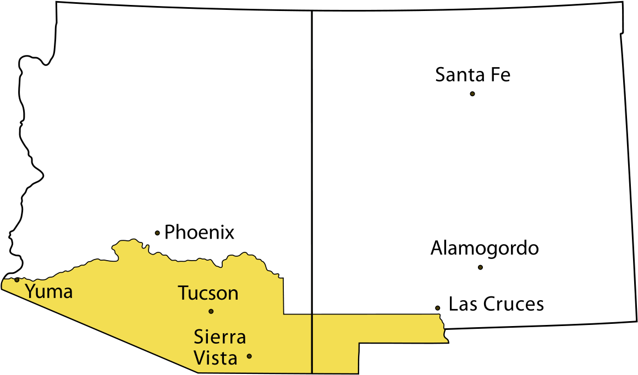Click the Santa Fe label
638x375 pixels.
tap(472, 75)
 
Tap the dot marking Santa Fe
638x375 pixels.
tap(472, 94)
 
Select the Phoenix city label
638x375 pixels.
tap(199, 233)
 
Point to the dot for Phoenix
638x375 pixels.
tap(157, 233)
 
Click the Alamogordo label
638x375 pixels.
tap(485, 249)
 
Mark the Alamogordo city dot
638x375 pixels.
tap(480, 267)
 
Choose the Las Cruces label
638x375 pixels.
tap(496, 304)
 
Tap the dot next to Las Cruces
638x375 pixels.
tap(437, 308)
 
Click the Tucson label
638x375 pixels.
tap(208, 293)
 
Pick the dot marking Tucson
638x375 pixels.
tap(211, 311)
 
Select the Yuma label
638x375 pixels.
tap(49, 291)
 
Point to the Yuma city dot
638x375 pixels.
tap(17, 280)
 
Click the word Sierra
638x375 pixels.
tap(219, 337)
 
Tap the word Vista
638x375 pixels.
tap(216, 359)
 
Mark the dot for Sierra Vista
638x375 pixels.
tap(249, 356)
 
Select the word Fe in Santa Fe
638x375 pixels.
tap(501, 75)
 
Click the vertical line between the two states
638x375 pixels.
tap(312, 165)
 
